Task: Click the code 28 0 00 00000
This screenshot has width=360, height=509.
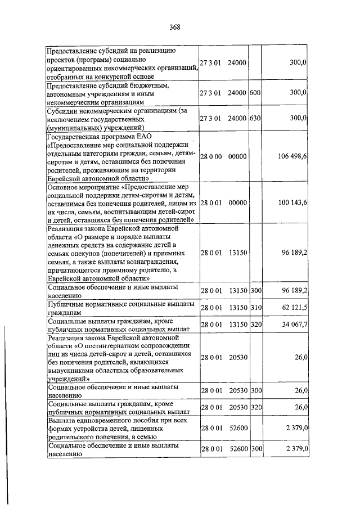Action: [x=223, y=156]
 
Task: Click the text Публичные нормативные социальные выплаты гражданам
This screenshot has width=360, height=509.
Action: [x=121, y=308]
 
